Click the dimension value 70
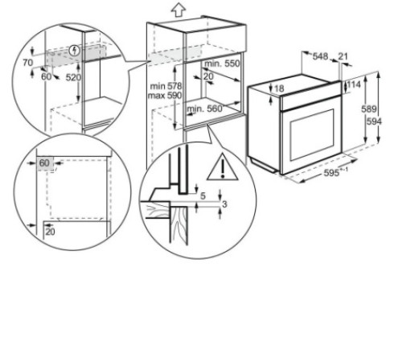(x=27, y=61)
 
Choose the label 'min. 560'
(x=204, y=106)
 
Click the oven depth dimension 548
(x=320, y=56)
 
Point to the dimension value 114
(x=353, y=84)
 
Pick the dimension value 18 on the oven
(x=279, y=88)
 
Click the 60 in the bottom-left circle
(x=43, y=162)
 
